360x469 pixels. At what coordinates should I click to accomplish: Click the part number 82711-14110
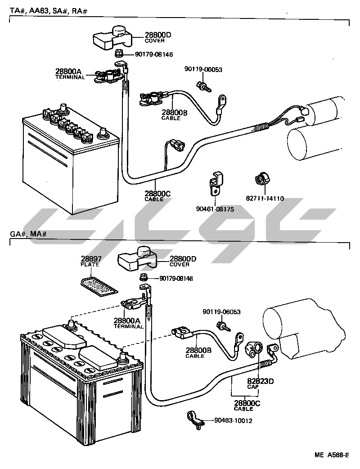click(x=264, y=198)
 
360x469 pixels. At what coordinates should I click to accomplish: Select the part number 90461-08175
click(x=215, y=209)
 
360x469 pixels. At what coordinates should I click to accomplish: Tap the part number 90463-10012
click(x=233, y=421)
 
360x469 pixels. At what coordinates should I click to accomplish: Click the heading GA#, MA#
click(x=28, y=234)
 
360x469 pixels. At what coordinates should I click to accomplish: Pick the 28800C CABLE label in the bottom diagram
click(x=247, y=406)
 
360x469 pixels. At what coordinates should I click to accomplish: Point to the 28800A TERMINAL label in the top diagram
click(x=70, y=73)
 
